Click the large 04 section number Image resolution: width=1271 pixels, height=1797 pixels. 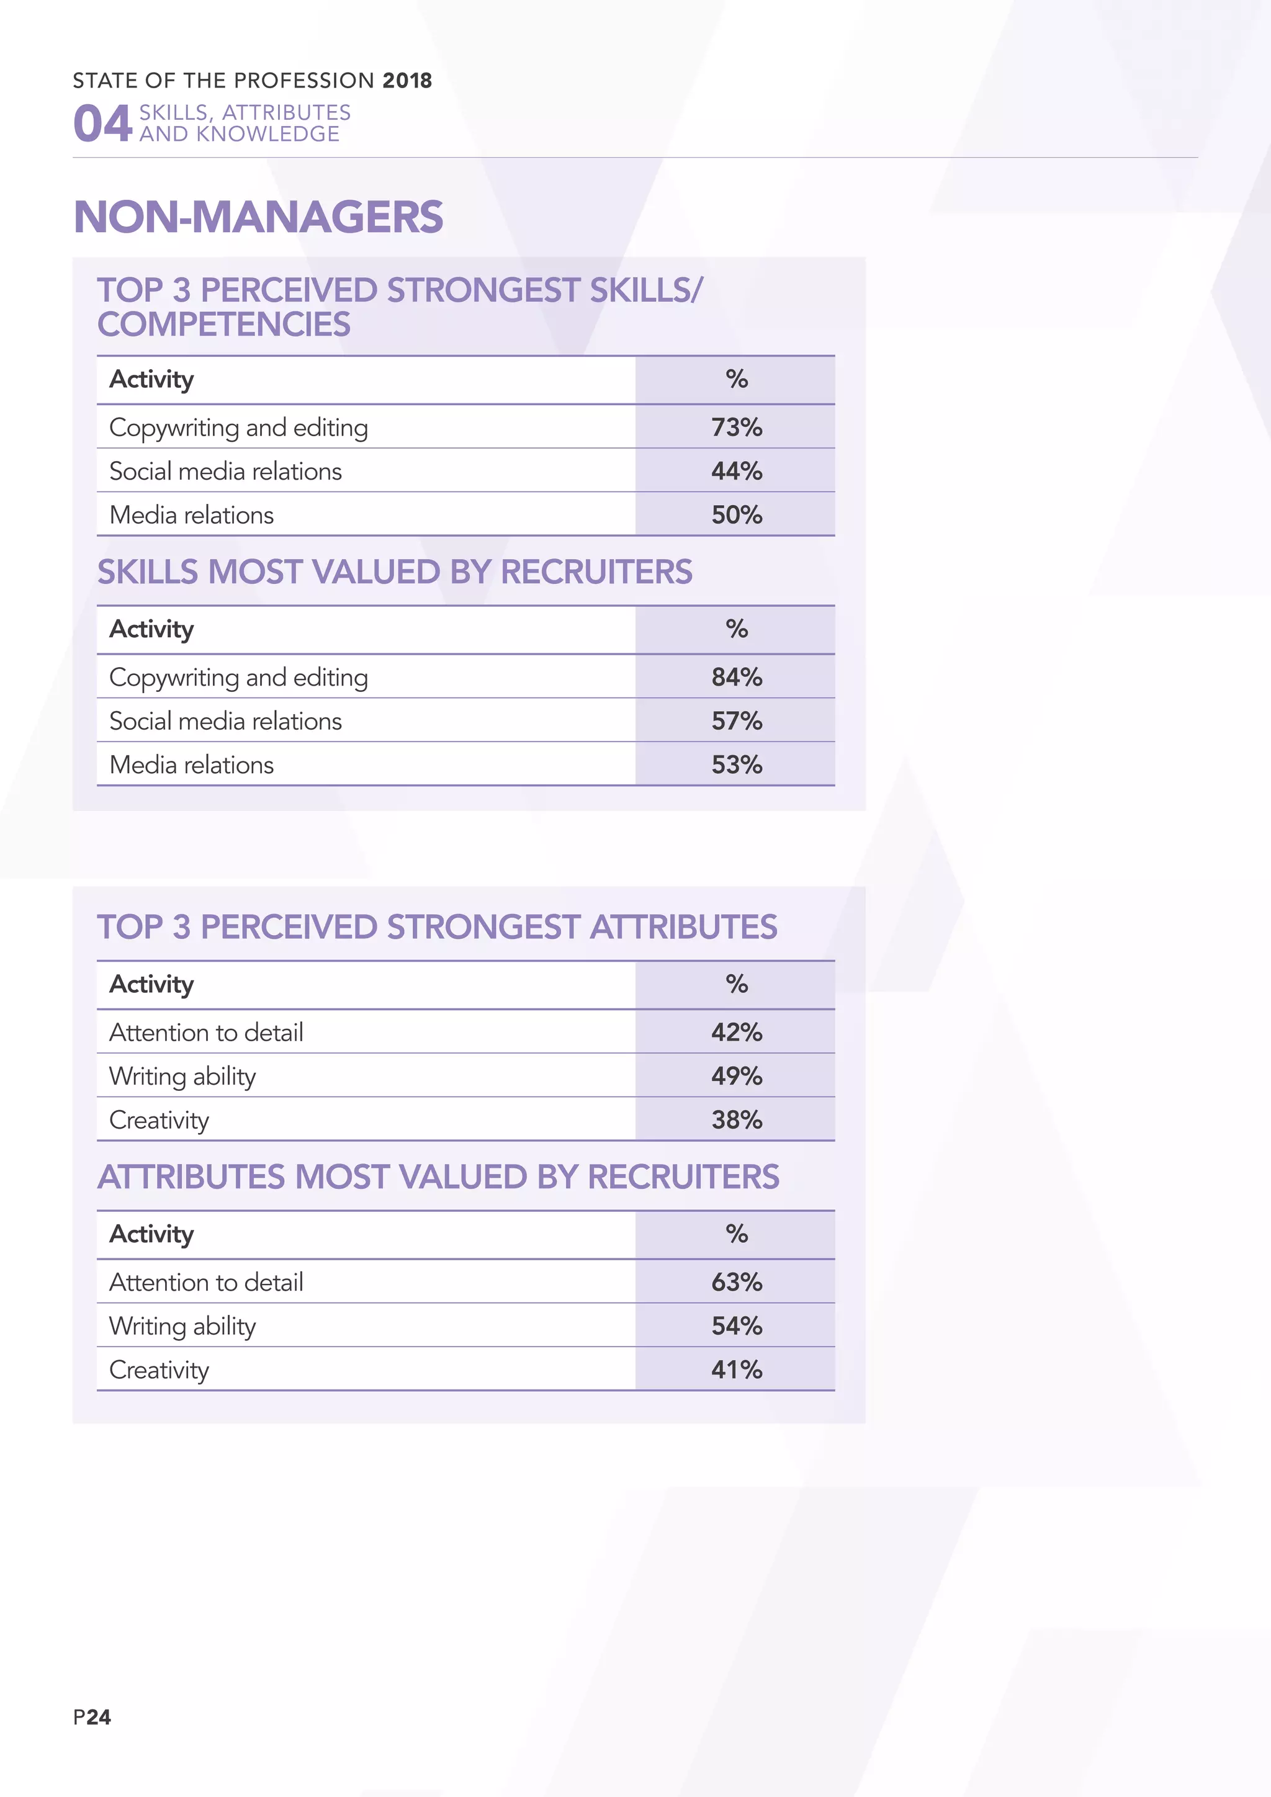click(x=102, y=123)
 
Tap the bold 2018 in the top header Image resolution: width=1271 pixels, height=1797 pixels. click(x=407, y=81)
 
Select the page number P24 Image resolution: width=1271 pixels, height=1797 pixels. click(x=92, y=1717)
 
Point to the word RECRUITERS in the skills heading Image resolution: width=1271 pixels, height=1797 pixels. click(x=596, y=572)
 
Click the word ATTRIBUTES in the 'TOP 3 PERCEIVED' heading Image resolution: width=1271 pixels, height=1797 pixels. click(x=683, y=928)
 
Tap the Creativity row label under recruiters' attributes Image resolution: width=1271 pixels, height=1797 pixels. click(x=159, y=1369)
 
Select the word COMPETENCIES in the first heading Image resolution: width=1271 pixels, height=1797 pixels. click(x=224, y=325)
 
